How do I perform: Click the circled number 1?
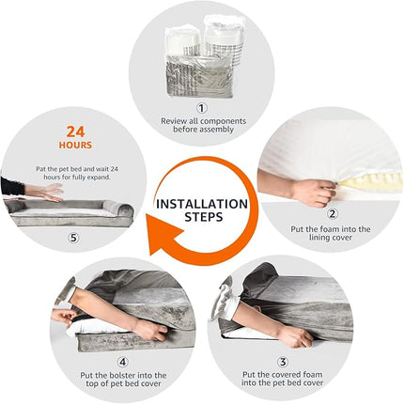[x=202, y=108]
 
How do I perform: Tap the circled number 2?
[x=333, y=213]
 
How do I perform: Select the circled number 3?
[x=283, y=362]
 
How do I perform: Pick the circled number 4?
[x=123, y=363]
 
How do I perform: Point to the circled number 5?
[x=73, y=238]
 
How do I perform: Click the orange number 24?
[x=75, y=132]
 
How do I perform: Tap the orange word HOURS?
[x=75, y=145]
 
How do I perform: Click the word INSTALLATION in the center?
[x=202, y=204]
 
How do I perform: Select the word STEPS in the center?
[x=204, y=217]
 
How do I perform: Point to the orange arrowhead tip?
[x=149, y=255]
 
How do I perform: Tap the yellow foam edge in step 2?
[x=368, y=181]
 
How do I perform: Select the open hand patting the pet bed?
[x=49, y=192]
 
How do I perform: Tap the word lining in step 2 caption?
[x=320, y=238]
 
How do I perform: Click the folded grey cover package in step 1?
[x=199, y=74]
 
